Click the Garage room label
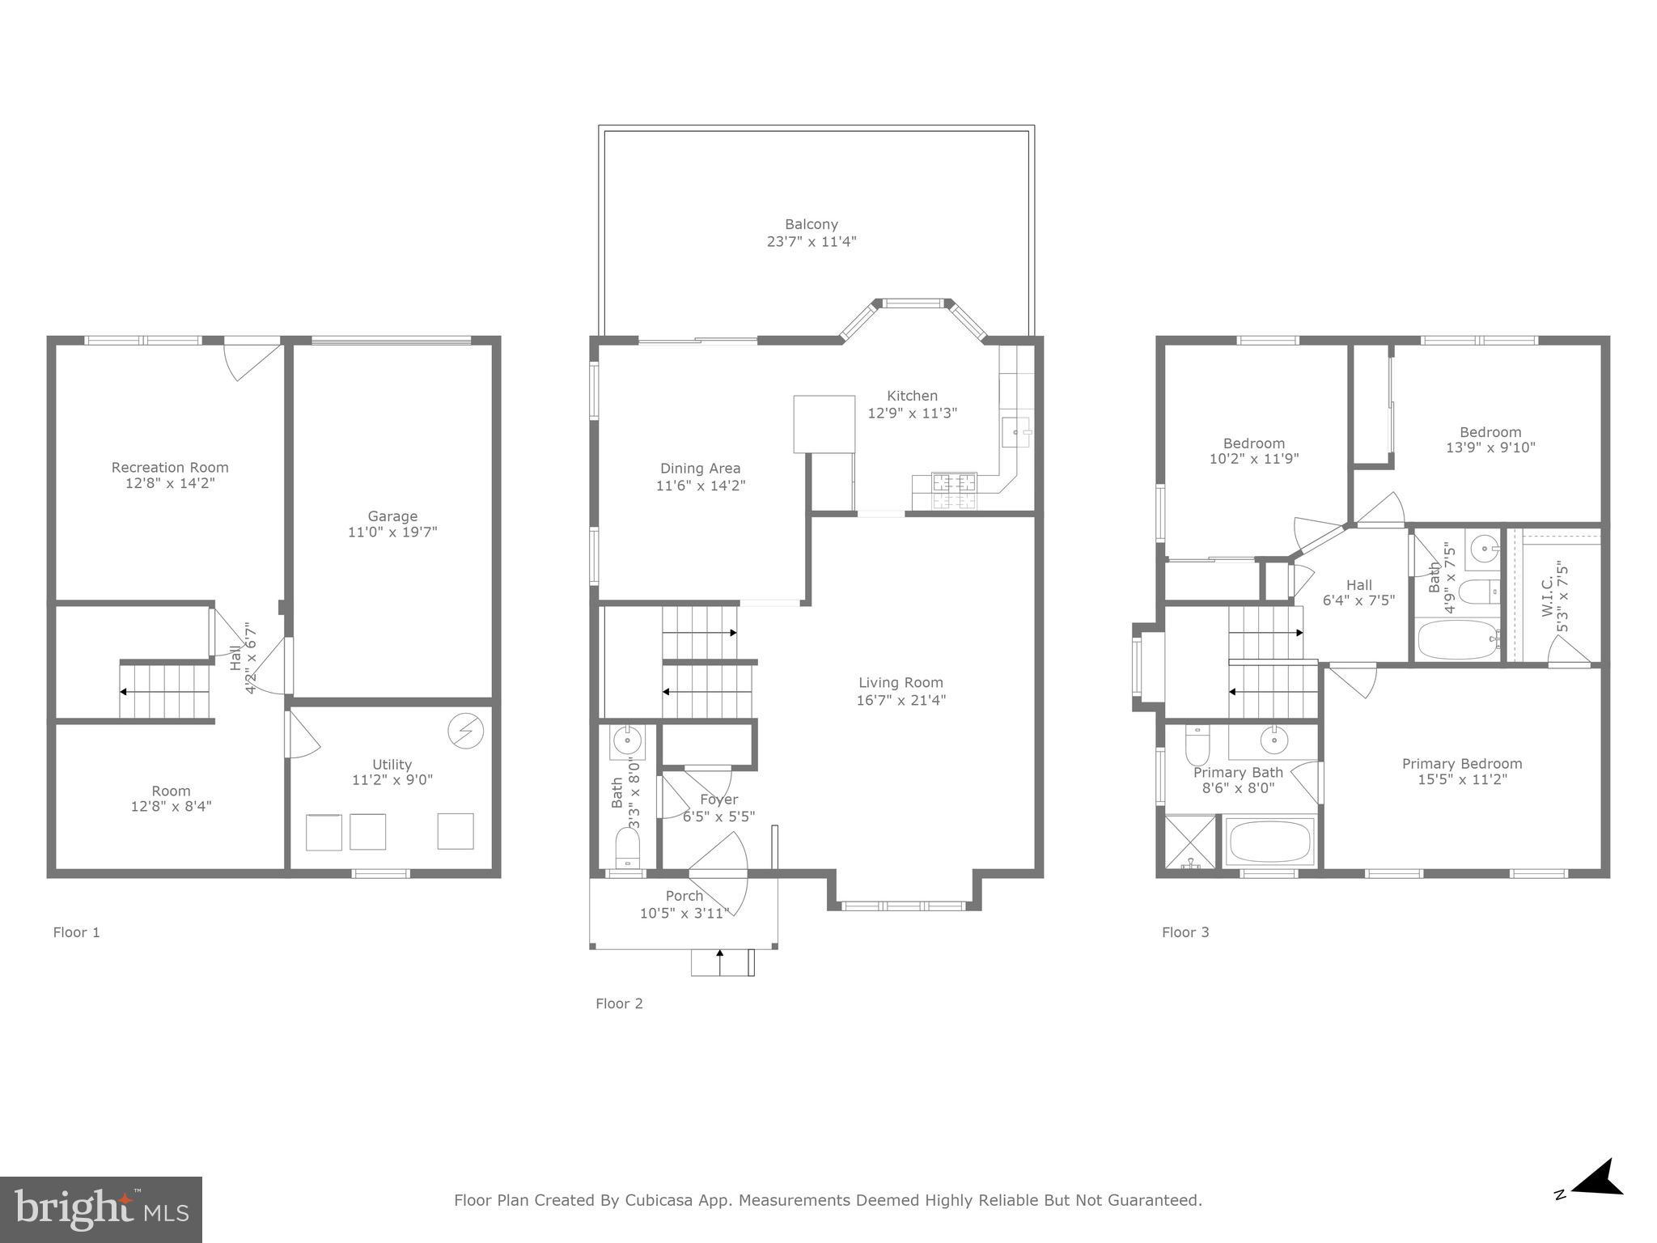coord(392,516)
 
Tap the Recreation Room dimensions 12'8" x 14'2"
coord(170,483)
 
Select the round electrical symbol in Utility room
coord(465,732)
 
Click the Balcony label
coord(811,224)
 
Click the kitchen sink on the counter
coord(1015,432)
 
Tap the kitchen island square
coord(824,424)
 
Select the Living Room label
coord(901,682)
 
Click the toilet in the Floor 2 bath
coord(628,846)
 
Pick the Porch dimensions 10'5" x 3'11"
coord(684,913)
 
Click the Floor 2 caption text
coord(619,1003)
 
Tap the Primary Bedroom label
coord(1461,763)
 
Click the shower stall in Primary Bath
coord(1189,842)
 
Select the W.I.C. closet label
coord(1547,597)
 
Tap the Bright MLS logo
coord(100,1210)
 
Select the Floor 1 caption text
coord(76,932)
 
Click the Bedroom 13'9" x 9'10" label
coord(1490,431)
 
